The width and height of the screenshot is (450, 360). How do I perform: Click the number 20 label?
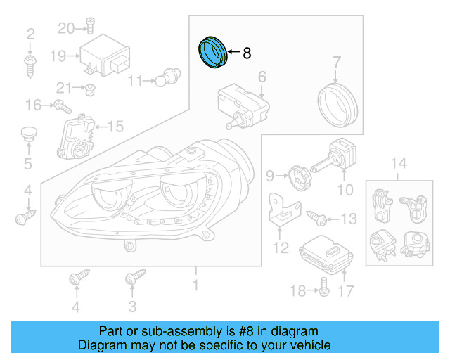pos(65,28)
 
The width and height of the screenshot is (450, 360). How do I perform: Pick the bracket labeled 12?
pos(283,211)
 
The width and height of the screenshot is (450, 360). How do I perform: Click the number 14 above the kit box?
pos(398,164)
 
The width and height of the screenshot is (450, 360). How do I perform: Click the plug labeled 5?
pos(28,135)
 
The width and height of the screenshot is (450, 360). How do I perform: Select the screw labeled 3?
pos(131,279)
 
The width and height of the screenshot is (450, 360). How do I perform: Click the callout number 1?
pos(195,285)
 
